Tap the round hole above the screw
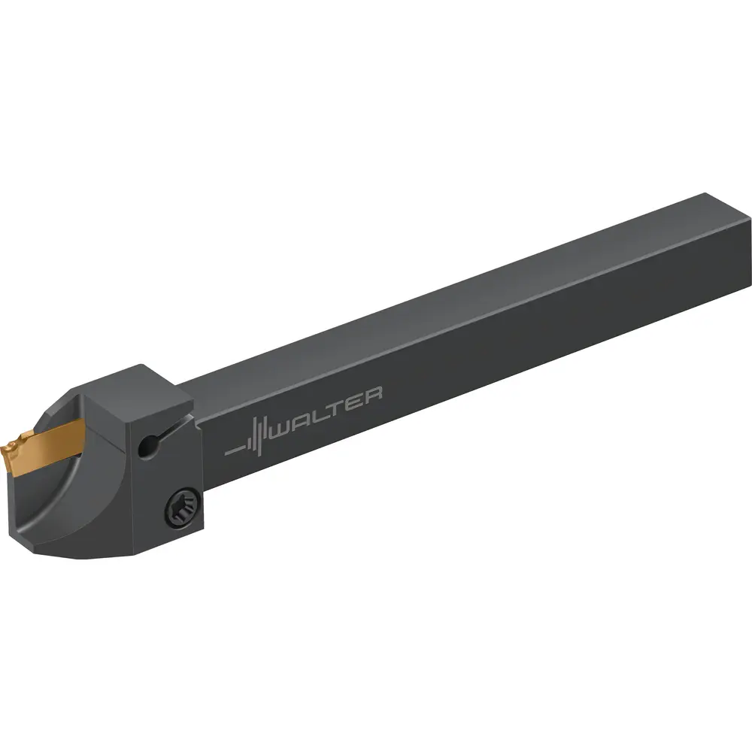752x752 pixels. point(148,447)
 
